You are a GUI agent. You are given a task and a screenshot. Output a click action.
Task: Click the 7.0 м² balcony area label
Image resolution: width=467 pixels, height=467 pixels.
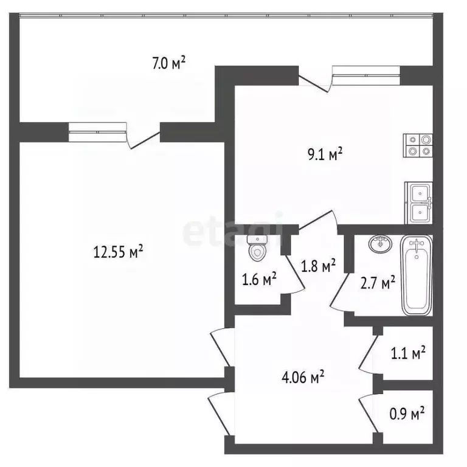pos(168,62)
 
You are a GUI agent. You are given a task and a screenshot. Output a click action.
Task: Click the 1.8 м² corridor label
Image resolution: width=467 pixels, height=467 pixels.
pos(319,266)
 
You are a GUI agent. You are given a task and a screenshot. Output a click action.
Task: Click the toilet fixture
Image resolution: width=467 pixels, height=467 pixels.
pos(257,247)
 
